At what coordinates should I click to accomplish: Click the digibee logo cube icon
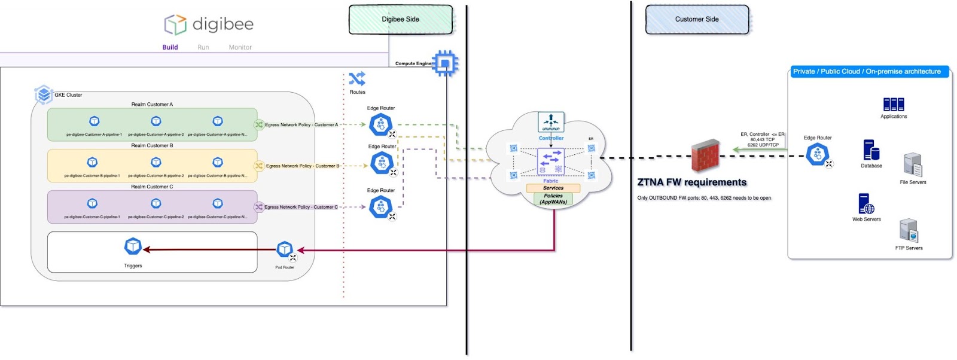pos(175,25)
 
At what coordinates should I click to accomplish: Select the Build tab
pos(170,47)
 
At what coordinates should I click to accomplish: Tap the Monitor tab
pos(240,47)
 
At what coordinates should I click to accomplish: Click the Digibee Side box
pos(401,20)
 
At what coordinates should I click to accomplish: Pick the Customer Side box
pos(697,20)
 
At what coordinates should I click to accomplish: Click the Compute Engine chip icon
pos(445,63)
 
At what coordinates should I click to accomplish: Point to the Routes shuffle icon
pos(357,79)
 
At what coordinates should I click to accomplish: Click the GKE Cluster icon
pos(44,94)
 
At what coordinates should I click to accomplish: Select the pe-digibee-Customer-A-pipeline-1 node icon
pos(94,121)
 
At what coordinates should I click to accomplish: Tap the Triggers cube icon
pos(133,246)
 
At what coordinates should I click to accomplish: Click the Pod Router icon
pos(285,249)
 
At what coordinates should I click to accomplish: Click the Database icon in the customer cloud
pos(871,150)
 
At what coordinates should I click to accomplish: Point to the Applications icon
pos(894,105)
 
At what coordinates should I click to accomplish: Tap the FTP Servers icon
pos(909,231)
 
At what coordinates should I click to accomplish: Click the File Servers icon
pos(913,165)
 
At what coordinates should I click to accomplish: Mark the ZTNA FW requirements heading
pos(692,182)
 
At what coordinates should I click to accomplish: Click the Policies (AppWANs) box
pos(553,199)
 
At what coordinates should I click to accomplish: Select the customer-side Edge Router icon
pos(817,154)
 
